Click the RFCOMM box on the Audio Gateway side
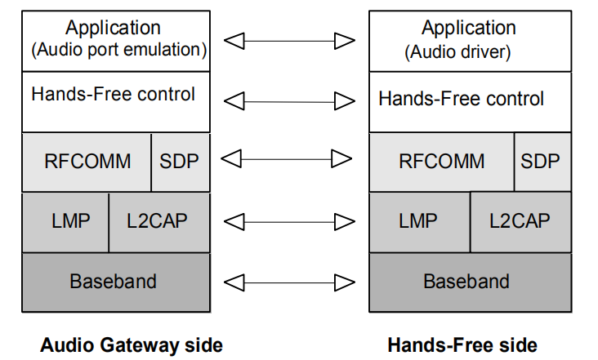coord(87,161)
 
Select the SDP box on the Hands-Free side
coord(540,161)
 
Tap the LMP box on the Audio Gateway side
coord(65,221)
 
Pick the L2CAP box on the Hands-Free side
coord(520,221)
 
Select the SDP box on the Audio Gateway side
coord(179,161)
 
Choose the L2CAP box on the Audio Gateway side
coord(157,221)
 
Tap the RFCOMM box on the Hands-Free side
coord(441,161)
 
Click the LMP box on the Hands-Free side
coord(418,221)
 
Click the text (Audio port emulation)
coord(118,50)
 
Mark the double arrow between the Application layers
coord(289,40)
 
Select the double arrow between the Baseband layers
coord(289,282)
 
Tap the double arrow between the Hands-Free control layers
coord(289,101)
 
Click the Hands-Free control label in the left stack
coord(113,95)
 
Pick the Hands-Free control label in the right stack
coord(461,100)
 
